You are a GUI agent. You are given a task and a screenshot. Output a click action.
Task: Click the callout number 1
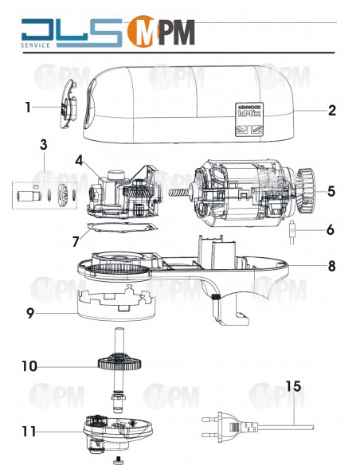[x=27, y=107]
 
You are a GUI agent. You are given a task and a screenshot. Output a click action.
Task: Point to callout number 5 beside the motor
[x=331, y=191]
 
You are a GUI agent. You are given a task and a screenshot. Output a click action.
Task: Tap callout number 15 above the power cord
[x=293, y=388]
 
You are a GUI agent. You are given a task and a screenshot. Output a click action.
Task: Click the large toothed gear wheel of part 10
[x=120, y=365]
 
